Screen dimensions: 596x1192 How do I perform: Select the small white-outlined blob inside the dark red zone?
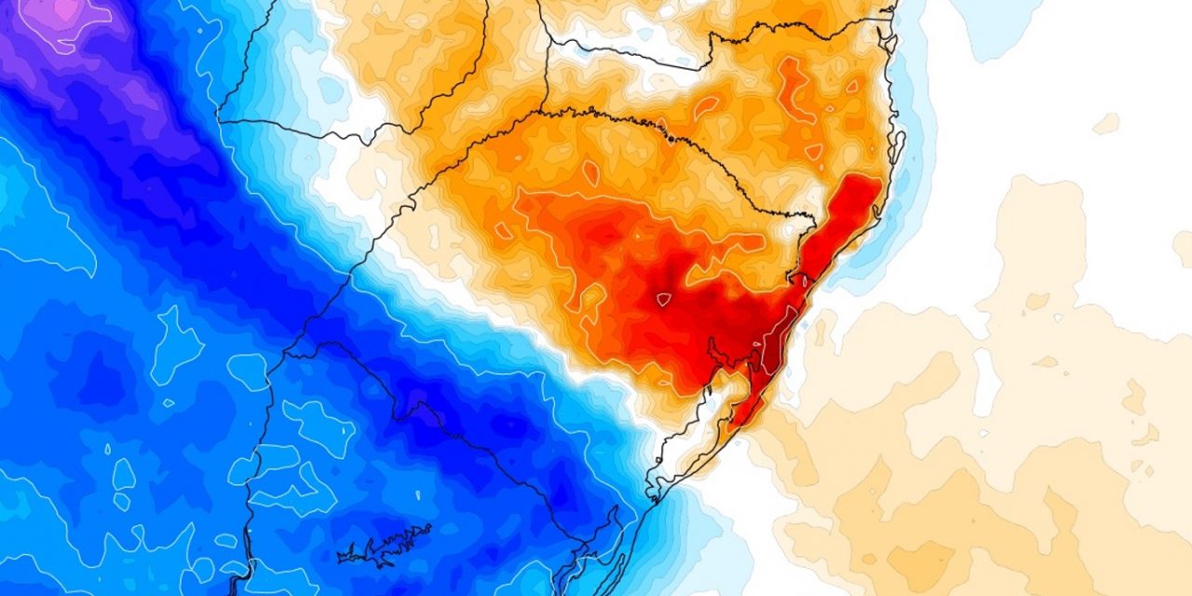click(x=663, y=299)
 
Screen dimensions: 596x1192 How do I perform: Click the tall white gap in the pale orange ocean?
click(x=983, y=382)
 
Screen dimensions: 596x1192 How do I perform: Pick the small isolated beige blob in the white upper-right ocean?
click(x=1106, y=123)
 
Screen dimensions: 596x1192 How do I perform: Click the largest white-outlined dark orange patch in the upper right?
click(x=796, y=88)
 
